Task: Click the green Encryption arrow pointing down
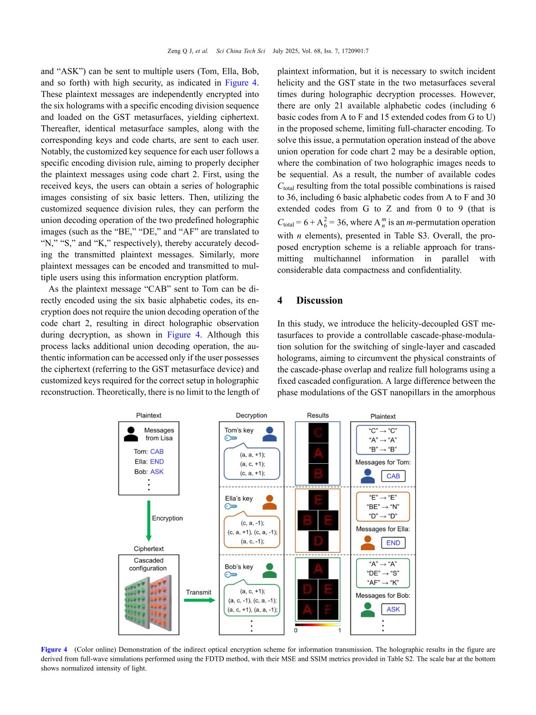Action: pyautogui.click(x=149, y=520)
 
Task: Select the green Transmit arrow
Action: pyautogui.click(x=200, y=600)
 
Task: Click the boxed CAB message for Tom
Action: pyautogui.click(x=393, y=476)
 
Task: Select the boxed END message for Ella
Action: pyautogui.click(x=393, y=543)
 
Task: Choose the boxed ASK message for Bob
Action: pyautogui.click(x=393, y=610)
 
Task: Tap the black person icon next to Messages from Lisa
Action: pyautogui.click(x=131, y=434)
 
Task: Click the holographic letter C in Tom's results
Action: pyautogui.click(x=318, y=433)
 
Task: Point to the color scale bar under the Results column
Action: pyautogui.click(x=318, y=625)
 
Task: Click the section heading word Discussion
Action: pyautogui.click(x=319, y=301)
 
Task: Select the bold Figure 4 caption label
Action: pyautogui.click(x=54, y=649)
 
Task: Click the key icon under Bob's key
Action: pyautogui.click(x=231, y=574)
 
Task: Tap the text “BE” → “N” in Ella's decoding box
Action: pyautogui.click(x=383, y=507)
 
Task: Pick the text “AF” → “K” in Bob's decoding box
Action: pyautogui.click(x=383, y=583)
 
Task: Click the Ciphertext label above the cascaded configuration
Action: pyautogui.click(x=149, y=549)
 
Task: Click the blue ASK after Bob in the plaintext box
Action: pyautogui.click(x=157, y=472)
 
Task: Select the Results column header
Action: pyautogui.click(x=318, y=415)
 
